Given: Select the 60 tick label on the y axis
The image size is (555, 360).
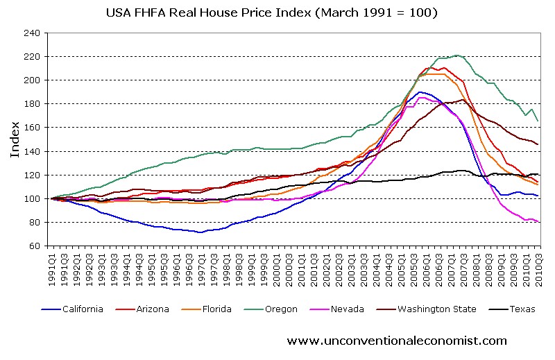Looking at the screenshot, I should [33, 246].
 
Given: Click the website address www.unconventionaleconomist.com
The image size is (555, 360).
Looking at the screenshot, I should [396, 341].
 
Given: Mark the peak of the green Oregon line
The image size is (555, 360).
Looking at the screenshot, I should [456, 55].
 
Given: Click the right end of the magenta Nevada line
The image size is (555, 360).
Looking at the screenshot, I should [538, 222].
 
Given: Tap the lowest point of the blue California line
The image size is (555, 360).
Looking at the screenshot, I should [200, 232].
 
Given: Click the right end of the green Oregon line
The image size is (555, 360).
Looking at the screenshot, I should [538, 121].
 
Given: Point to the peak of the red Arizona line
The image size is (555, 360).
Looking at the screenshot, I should [427, 67].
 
